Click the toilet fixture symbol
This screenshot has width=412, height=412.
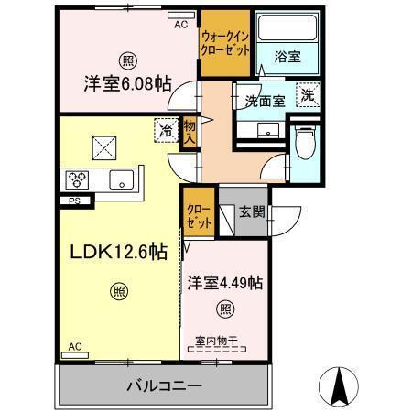pyautogui.click(x=305, y=143)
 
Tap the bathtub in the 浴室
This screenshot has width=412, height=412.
pyautogui.click(x=287, y=27)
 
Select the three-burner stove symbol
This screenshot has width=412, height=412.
pyautogui.click(x=77, y=179)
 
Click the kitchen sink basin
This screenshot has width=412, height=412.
pyautogui.click(x=122, y=179)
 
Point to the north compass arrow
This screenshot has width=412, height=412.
pyautogui.click(x=339, y=386)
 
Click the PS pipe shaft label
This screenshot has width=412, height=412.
pyautogui.click(x=75, y=201)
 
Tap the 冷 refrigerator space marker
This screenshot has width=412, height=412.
pyautogui.click(x=167, y=130)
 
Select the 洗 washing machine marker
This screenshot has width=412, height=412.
pyautogui.click(x=309, y=94)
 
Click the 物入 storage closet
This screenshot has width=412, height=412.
pyautogui.click(x=190, y=133)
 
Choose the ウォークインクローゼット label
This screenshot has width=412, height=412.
pyautogui.click(x=225, y=43)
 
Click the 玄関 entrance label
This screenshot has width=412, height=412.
pyautogui.click(x=252, y=211)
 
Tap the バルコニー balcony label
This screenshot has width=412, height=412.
pyautogui.click(x=164, y=386)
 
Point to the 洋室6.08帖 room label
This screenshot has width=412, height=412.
pyautogui.click(x=127, y=83)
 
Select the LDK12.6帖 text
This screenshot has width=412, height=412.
pyautogui.click(x=119, y=252)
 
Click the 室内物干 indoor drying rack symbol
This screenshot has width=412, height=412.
pyautogui.click(x=217, y=349)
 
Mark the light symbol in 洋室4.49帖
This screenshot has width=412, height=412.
pyautogui.click(x=225, y=309)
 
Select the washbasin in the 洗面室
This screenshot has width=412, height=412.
pyautogui.click(x=268, y=130)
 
